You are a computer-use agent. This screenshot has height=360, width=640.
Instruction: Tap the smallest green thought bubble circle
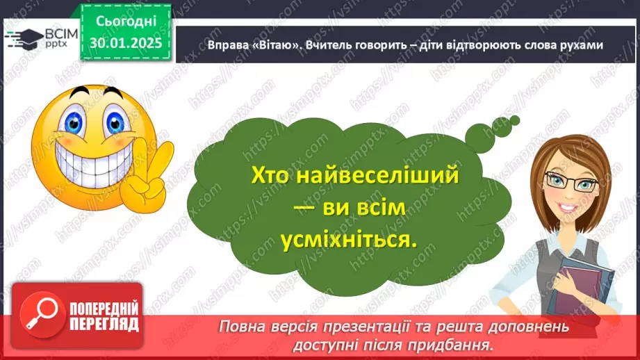click(x=515, y=121)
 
